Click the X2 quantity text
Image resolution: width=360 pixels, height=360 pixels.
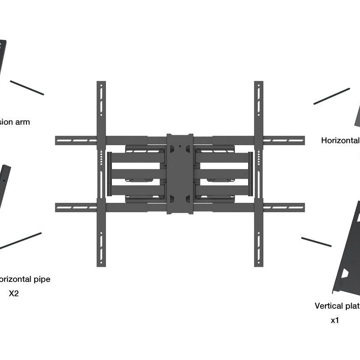[x=14, y=293]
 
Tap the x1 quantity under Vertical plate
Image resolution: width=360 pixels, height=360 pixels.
[x=335, y=320]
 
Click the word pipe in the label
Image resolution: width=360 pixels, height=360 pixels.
[x=40, y=279]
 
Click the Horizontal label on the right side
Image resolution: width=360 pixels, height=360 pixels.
[x=340, y=140]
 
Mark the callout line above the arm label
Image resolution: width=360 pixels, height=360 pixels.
[x=27, y=88]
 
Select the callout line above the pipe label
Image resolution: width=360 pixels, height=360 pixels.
[x=21, y=241]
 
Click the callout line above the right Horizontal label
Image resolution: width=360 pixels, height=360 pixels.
[x=331, y=96]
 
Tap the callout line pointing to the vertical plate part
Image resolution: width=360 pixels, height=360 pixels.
[x=316, y=242]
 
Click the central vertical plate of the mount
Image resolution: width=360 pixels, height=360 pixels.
[x=180, y=174]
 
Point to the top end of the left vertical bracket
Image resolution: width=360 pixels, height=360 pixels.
[x=101, y=85]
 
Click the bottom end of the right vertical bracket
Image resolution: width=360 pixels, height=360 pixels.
[x=259, y=262]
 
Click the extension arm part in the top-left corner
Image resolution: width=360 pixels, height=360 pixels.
[x=2, y=55]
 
